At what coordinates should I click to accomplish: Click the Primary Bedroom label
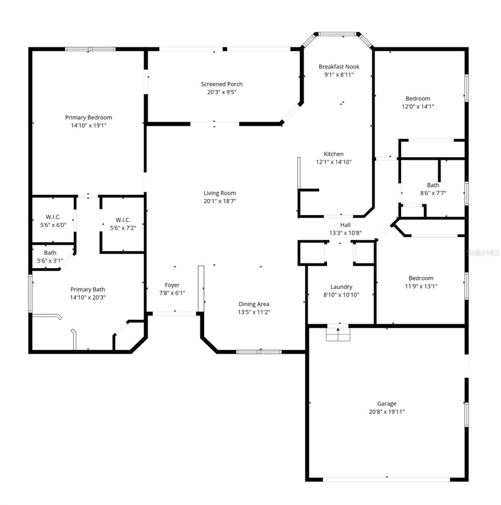pos(88,117)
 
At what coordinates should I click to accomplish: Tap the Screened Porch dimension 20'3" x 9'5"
pos(222,92)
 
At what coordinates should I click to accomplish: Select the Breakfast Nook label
pos(339,66)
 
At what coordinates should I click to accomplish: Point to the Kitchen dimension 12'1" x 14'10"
pos(334,162)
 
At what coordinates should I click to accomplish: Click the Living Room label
pos(220,193)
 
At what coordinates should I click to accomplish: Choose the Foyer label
pos(172,285)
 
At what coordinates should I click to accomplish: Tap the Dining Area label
pos(254,304)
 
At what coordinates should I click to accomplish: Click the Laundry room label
pos(341,287)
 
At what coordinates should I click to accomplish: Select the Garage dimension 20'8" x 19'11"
pos(387,412)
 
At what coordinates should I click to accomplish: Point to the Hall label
pos(345,225)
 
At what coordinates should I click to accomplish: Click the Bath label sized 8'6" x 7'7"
pos(433,185)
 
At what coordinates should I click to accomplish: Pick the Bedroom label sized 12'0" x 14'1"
pos(418,98)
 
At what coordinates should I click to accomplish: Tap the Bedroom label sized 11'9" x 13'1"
pos(421,278)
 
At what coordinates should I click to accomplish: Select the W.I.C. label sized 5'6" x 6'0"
pos(53,217)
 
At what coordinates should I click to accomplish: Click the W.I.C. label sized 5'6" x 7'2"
pos(123,220)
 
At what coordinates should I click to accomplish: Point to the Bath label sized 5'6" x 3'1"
pos(50,252)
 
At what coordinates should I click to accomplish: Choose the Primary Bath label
pos(87,289)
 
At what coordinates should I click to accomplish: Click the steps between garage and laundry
pos(338,334)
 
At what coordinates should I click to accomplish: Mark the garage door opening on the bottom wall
pos(387,479)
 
